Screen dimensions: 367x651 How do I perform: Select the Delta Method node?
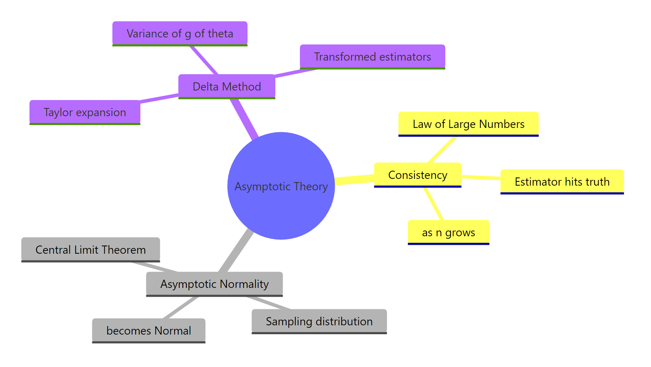tap(226, 86)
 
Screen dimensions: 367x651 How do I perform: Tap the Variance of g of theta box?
tap(180, 33)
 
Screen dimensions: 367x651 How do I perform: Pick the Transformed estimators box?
tap(372, 57)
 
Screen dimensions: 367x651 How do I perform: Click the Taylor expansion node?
tap(85, 112)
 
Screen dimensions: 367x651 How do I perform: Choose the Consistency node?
tap(417, 175)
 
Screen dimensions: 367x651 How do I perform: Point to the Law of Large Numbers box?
tap(468, 124)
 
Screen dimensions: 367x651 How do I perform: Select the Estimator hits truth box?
tap(562, 182)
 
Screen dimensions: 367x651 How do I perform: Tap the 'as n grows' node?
tap(448, 232)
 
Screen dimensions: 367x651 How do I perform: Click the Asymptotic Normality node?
tap(214, 284)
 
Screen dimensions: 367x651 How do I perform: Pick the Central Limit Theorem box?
tap(90, 250)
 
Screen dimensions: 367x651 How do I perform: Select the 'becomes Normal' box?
tap(149, 331)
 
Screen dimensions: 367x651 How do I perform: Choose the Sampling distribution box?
tap(319, 321)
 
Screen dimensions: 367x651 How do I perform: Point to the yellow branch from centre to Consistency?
tap(354, 179)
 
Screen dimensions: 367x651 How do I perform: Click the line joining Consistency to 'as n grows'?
tap(434, 204)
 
